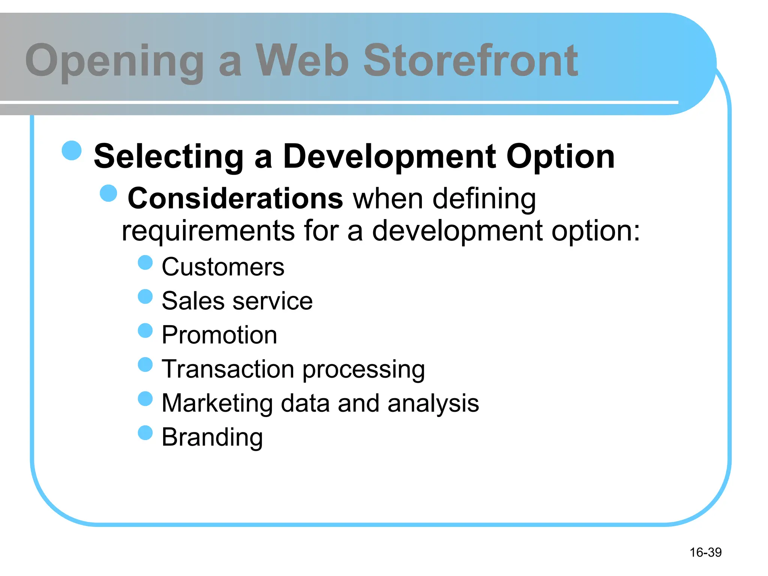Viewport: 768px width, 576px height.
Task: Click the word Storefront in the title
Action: click(471, 61)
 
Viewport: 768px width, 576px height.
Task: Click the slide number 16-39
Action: click(705, 552)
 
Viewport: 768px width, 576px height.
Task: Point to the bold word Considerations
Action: click(235, 198)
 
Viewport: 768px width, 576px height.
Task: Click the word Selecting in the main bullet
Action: click(169, 157)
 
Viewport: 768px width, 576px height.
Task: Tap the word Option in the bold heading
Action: click(560, 157)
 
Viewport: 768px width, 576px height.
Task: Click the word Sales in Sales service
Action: click(193, 301)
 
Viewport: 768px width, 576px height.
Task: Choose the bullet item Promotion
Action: click(219, 335)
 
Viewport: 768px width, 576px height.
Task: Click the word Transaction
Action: click(228, 369)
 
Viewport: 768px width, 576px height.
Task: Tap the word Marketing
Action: click(217, 403)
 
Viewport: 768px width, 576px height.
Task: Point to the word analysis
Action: click(433, 404)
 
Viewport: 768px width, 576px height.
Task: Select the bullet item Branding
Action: click(212, 438)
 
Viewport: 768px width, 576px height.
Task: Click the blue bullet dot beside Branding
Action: click(145, 433)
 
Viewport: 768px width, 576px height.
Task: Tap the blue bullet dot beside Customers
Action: click(145, 262)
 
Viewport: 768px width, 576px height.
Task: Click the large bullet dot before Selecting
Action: click(72, 151)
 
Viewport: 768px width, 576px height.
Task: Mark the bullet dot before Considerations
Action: click(109, 193)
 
